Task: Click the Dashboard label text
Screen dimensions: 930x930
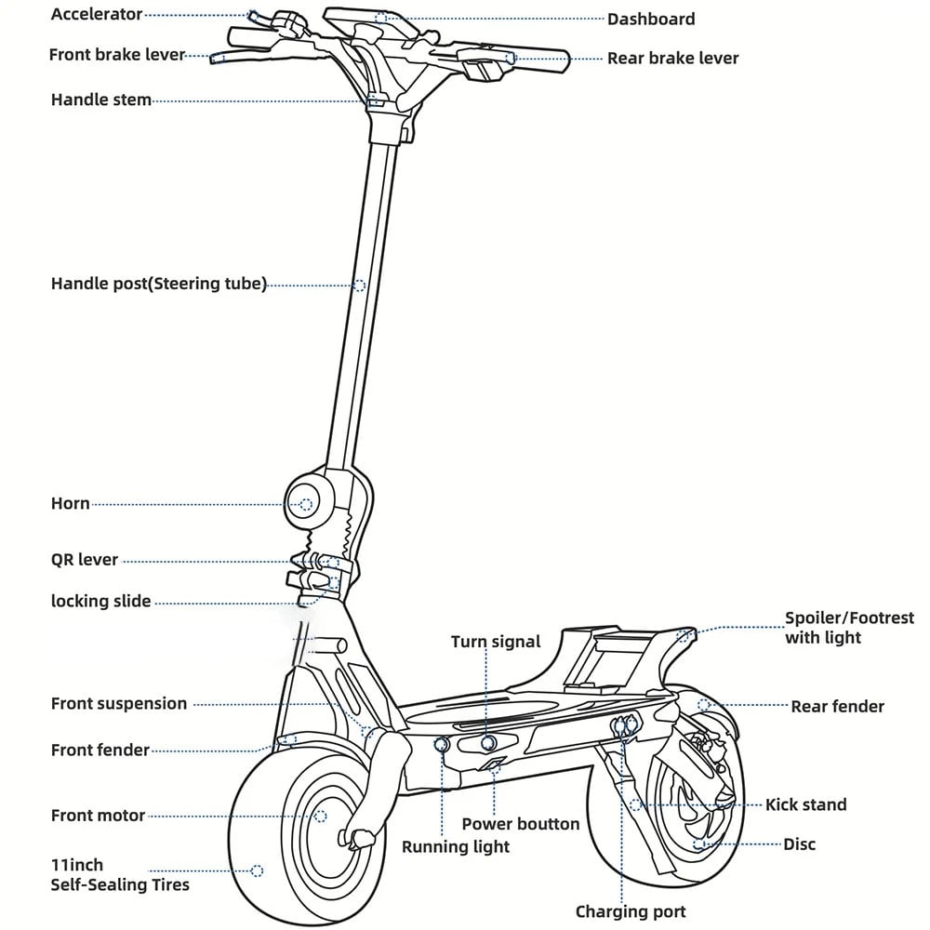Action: [651, 19]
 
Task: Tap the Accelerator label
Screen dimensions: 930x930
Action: [97, 15]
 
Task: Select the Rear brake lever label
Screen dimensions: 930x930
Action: [672, 58]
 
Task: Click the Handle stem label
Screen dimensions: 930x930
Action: [100, 100]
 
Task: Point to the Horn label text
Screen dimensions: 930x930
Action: [70, 504]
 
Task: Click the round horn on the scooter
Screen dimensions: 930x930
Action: [306, 504]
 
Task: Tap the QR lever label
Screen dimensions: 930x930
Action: [85, 560]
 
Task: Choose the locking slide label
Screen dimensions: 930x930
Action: [100, 602]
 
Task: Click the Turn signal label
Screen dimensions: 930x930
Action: [495, 642]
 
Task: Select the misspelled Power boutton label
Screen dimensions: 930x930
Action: [520, 824]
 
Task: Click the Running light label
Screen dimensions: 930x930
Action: [456, 846]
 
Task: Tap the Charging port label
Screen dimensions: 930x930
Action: [631, 911]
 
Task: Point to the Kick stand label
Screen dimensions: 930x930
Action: [805, 804]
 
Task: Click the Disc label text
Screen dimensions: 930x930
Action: [799, 844]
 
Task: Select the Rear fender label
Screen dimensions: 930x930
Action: [837, 707]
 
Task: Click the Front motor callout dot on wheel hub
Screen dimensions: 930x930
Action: [321, 816]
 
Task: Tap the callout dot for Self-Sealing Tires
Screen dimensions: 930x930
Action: [258, 870]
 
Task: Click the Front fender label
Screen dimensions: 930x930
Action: [100, 750]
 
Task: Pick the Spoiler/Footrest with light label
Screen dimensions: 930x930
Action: [848, 628]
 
